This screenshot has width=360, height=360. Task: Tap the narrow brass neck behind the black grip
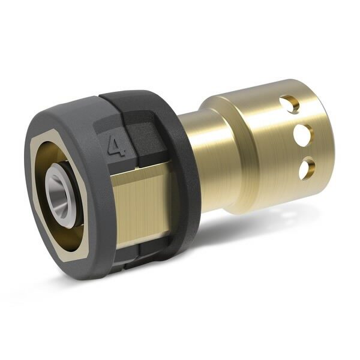192,150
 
